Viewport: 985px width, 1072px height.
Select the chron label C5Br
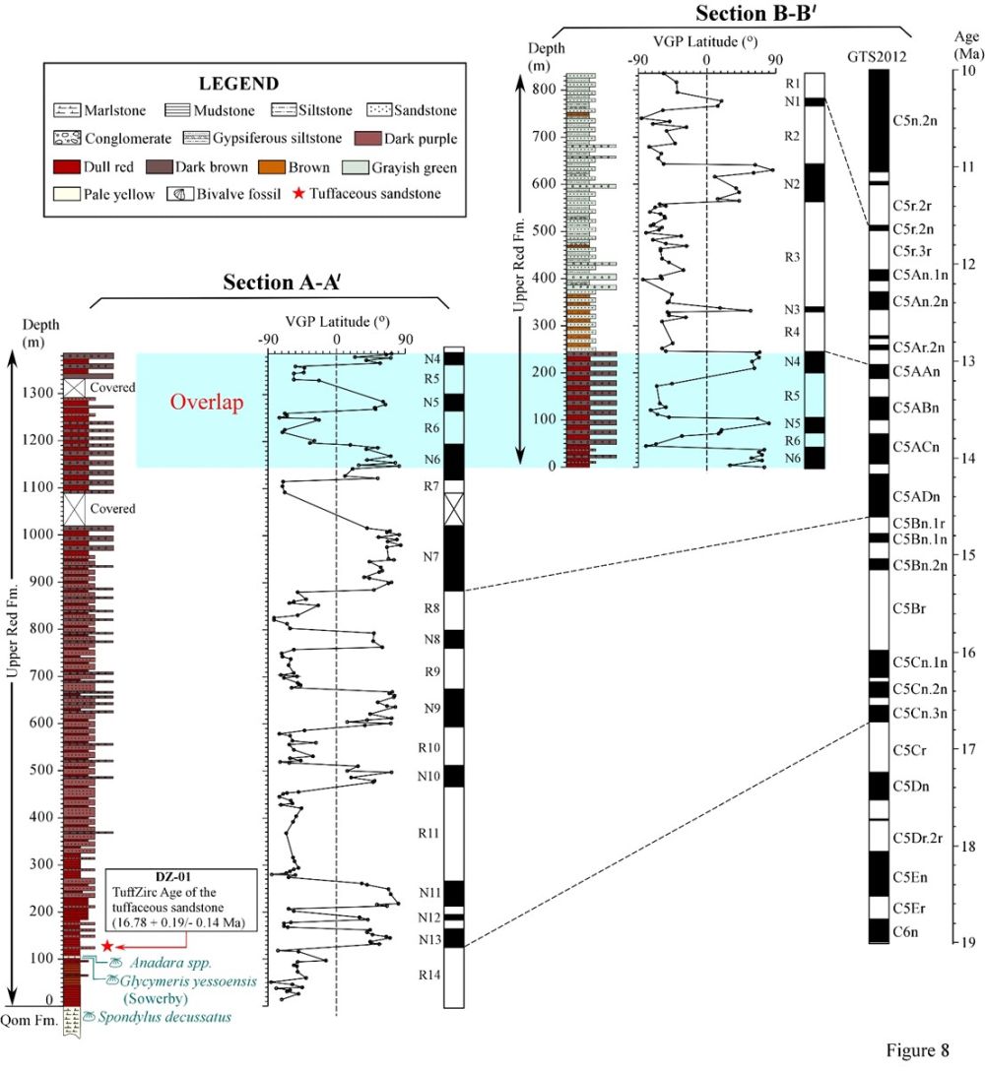pos(908,609)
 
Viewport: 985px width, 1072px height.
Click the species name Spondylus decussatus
pos(163,1017)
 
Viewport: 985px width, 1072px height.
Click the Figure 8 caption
pos(914,1050)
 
